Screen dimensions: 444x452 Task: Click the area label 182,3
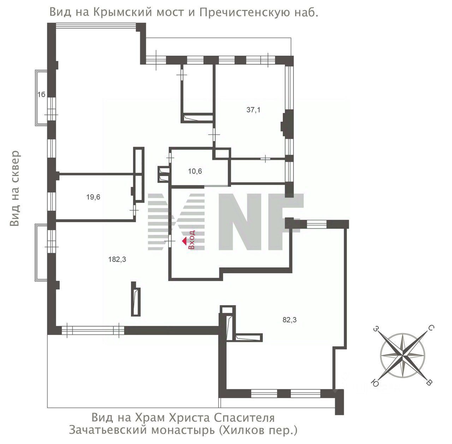(x=117, y=260)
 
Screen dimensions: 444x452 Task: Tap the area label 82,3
(x=290, y=320)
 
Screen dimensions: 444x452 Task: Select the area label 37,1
(x=254, y=110)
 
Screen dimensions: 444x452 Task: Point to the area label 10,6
(x=195, y=172)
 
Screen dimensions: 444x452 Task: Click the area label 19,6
(x=93, y=197)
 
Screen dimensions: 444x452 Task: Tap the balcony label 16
(x=41, y=94)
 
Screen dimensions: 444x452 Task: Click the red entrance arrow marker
(x=184, y=241)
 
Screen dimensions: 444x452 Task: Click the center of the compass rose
(x=403, y=355)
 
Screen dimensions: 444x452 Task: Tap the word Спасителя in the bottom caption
(x=244, y=418)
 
